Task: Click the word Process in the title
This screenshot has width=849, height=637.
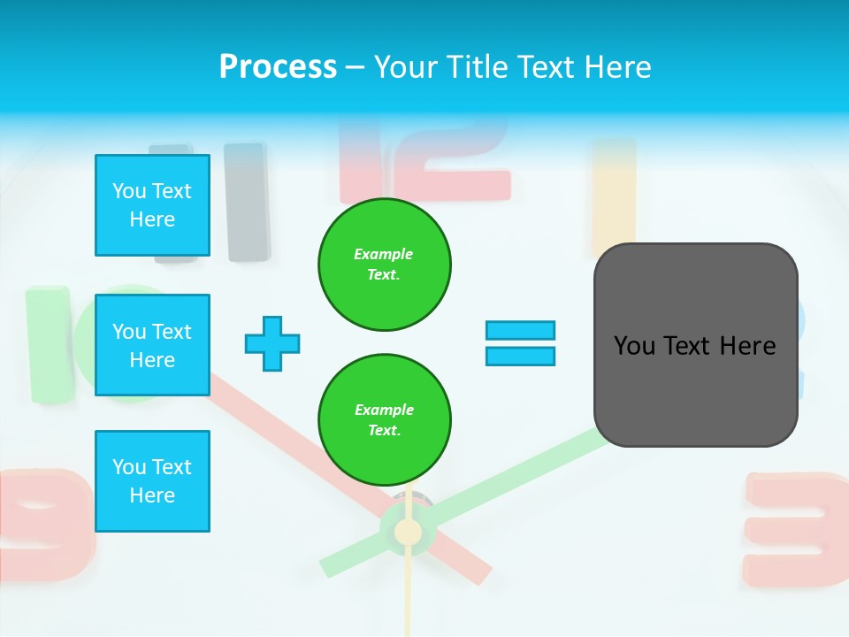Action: pos(278,67)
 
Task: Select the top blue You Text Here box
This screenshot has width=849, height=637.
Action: pos(152,205)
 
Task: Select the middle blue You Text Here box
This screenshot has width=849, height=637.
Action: pos(152,345)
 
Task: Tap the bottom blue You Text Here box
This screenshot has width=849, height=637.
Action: pos(152,481)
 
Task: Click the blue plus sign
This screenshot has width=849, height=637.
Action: pos(272,343)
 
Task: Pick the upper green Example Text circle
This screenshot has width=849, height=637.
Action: pos(384,265)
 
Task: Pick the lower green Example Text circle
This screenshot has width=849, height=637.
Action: pos(384,420)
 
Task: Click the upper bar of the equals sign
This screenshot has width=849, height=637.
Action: pos(520,331)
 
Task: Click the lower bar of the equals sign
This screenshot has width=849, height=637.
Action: pos(520,356)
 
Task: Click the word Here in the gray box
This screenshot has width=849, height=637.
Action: pos(747,346)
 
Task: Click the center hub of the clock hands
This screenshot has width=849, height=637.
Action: pos(408,532)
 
